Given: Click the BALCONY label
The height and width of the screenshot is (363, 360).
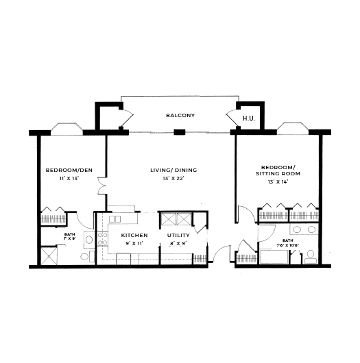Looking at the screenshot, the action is [180, 115].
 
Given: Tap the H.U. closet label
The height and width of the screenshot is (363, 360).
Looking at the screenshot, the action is [249, 118].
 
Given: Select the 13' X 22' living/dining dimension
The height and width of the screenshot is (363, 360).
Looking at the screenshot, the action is [173, 178].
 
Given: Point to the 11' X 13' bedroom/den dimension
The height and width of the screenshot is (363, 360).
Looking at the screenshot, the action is [69, 178].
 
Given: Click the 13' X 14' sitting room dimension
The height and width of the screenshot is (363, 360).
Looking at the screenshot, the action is [278, 181].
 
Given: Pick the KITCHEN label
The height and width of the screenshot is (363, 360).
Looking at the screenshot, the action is [134, 235].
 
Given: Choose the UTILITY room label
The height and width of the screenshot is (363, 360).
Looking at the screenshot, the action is [178, 235].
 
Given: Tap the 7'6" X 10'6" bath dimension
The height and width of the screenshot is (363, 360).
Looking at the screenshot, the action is [287, 245].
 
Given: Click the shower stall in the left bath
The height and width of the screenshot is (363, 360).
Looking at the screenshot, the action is [49, 255].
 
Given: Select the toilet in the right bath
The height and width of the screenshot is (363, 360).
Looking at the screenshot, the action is [311, 257].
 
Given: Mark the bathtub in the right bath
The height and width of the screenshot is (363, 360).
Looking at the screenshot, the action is [274, 257].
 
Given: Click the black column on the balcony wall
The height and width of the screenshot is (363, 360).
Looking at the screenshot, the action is [180, 132].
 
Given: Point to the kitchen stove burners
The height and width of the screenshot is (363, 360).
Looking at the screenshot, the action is [102, 239].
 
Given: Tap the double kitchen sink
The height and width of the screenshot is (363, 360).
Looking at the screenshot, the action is [115, 218].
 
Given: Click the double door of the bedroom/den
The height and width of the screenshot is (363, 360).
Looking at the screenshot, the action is [102, 186].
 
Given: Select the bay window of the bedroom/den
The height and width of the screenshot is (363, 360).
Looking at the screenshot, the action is [67, 129].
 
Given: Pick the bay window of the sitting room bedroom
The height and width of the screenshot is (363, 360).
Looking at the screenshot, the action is [293, 128].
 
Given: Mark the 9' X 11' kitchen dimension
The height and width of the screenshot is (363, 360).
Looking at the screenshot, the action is [134, 243].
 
